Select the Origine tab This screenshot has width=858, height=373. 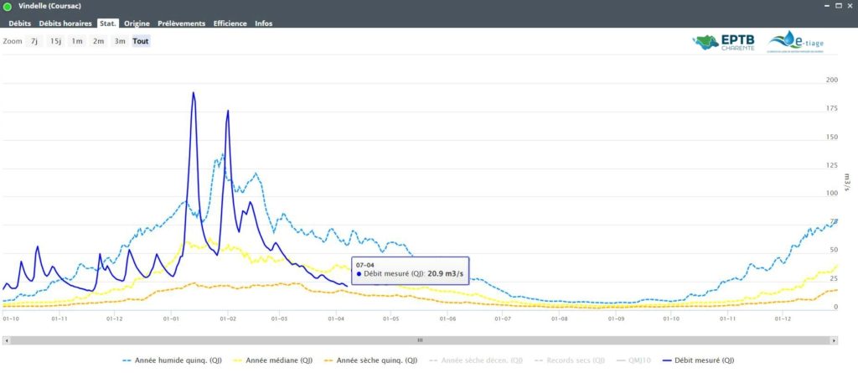[x=137, y=23]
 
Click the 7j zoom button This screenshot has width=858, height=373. [x=34, y=41]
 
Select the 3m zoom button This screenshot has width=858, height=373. [x=120, y=41]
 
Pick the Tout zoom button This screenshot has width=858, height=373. [x=141, y=41]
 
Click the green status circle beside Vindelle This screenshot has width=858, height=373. [x=8, y=7]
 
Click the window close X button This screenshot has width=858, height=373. [x=848, y=7]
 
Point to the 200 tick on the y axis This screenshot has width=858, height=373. [x=832, y=80]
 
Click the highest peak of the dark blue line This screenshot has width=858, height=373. [x=194, y=93]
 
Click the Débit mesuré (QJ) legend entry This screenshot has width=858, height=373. [x=700, y=360]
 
